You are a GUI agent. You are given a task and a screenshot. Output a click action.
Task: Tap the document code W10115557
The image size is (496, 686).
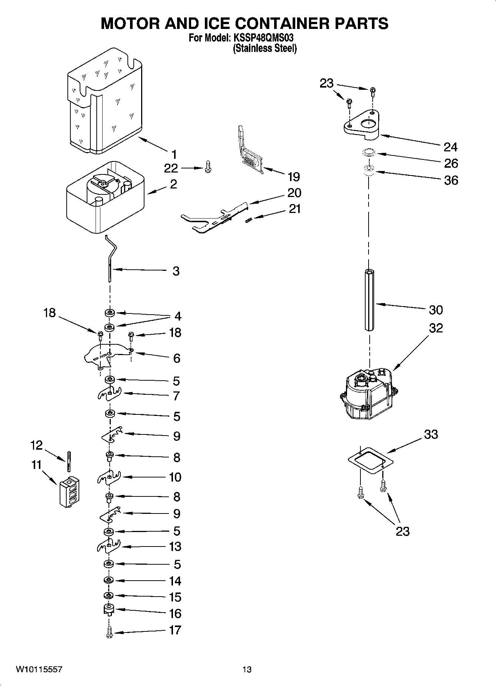coord(39,669)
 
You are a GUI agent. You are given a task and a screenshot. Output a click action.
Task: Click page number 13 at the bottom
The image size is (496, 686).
coord(247,669)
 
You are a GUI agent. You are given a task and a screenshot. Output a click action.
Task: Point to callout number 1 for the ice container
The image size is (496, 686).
coord(174,154)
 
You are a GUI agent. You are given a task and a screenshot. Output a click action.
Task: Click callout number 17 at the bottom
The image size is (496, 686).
coord(175,630)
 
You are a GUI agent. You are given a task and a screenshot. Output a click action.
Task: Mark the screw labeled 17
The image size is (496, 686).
coord(109,632)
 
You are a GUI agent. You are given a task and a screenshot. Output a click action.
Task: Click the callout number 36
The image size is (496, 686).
coord(450,180)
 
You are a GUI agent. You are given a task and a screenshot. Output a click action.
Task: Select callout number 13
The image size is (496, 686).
coord(174,546)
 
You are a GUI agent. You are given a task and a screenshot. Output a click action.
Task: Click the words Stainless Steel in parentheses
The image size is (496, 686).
coord(265,48)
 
